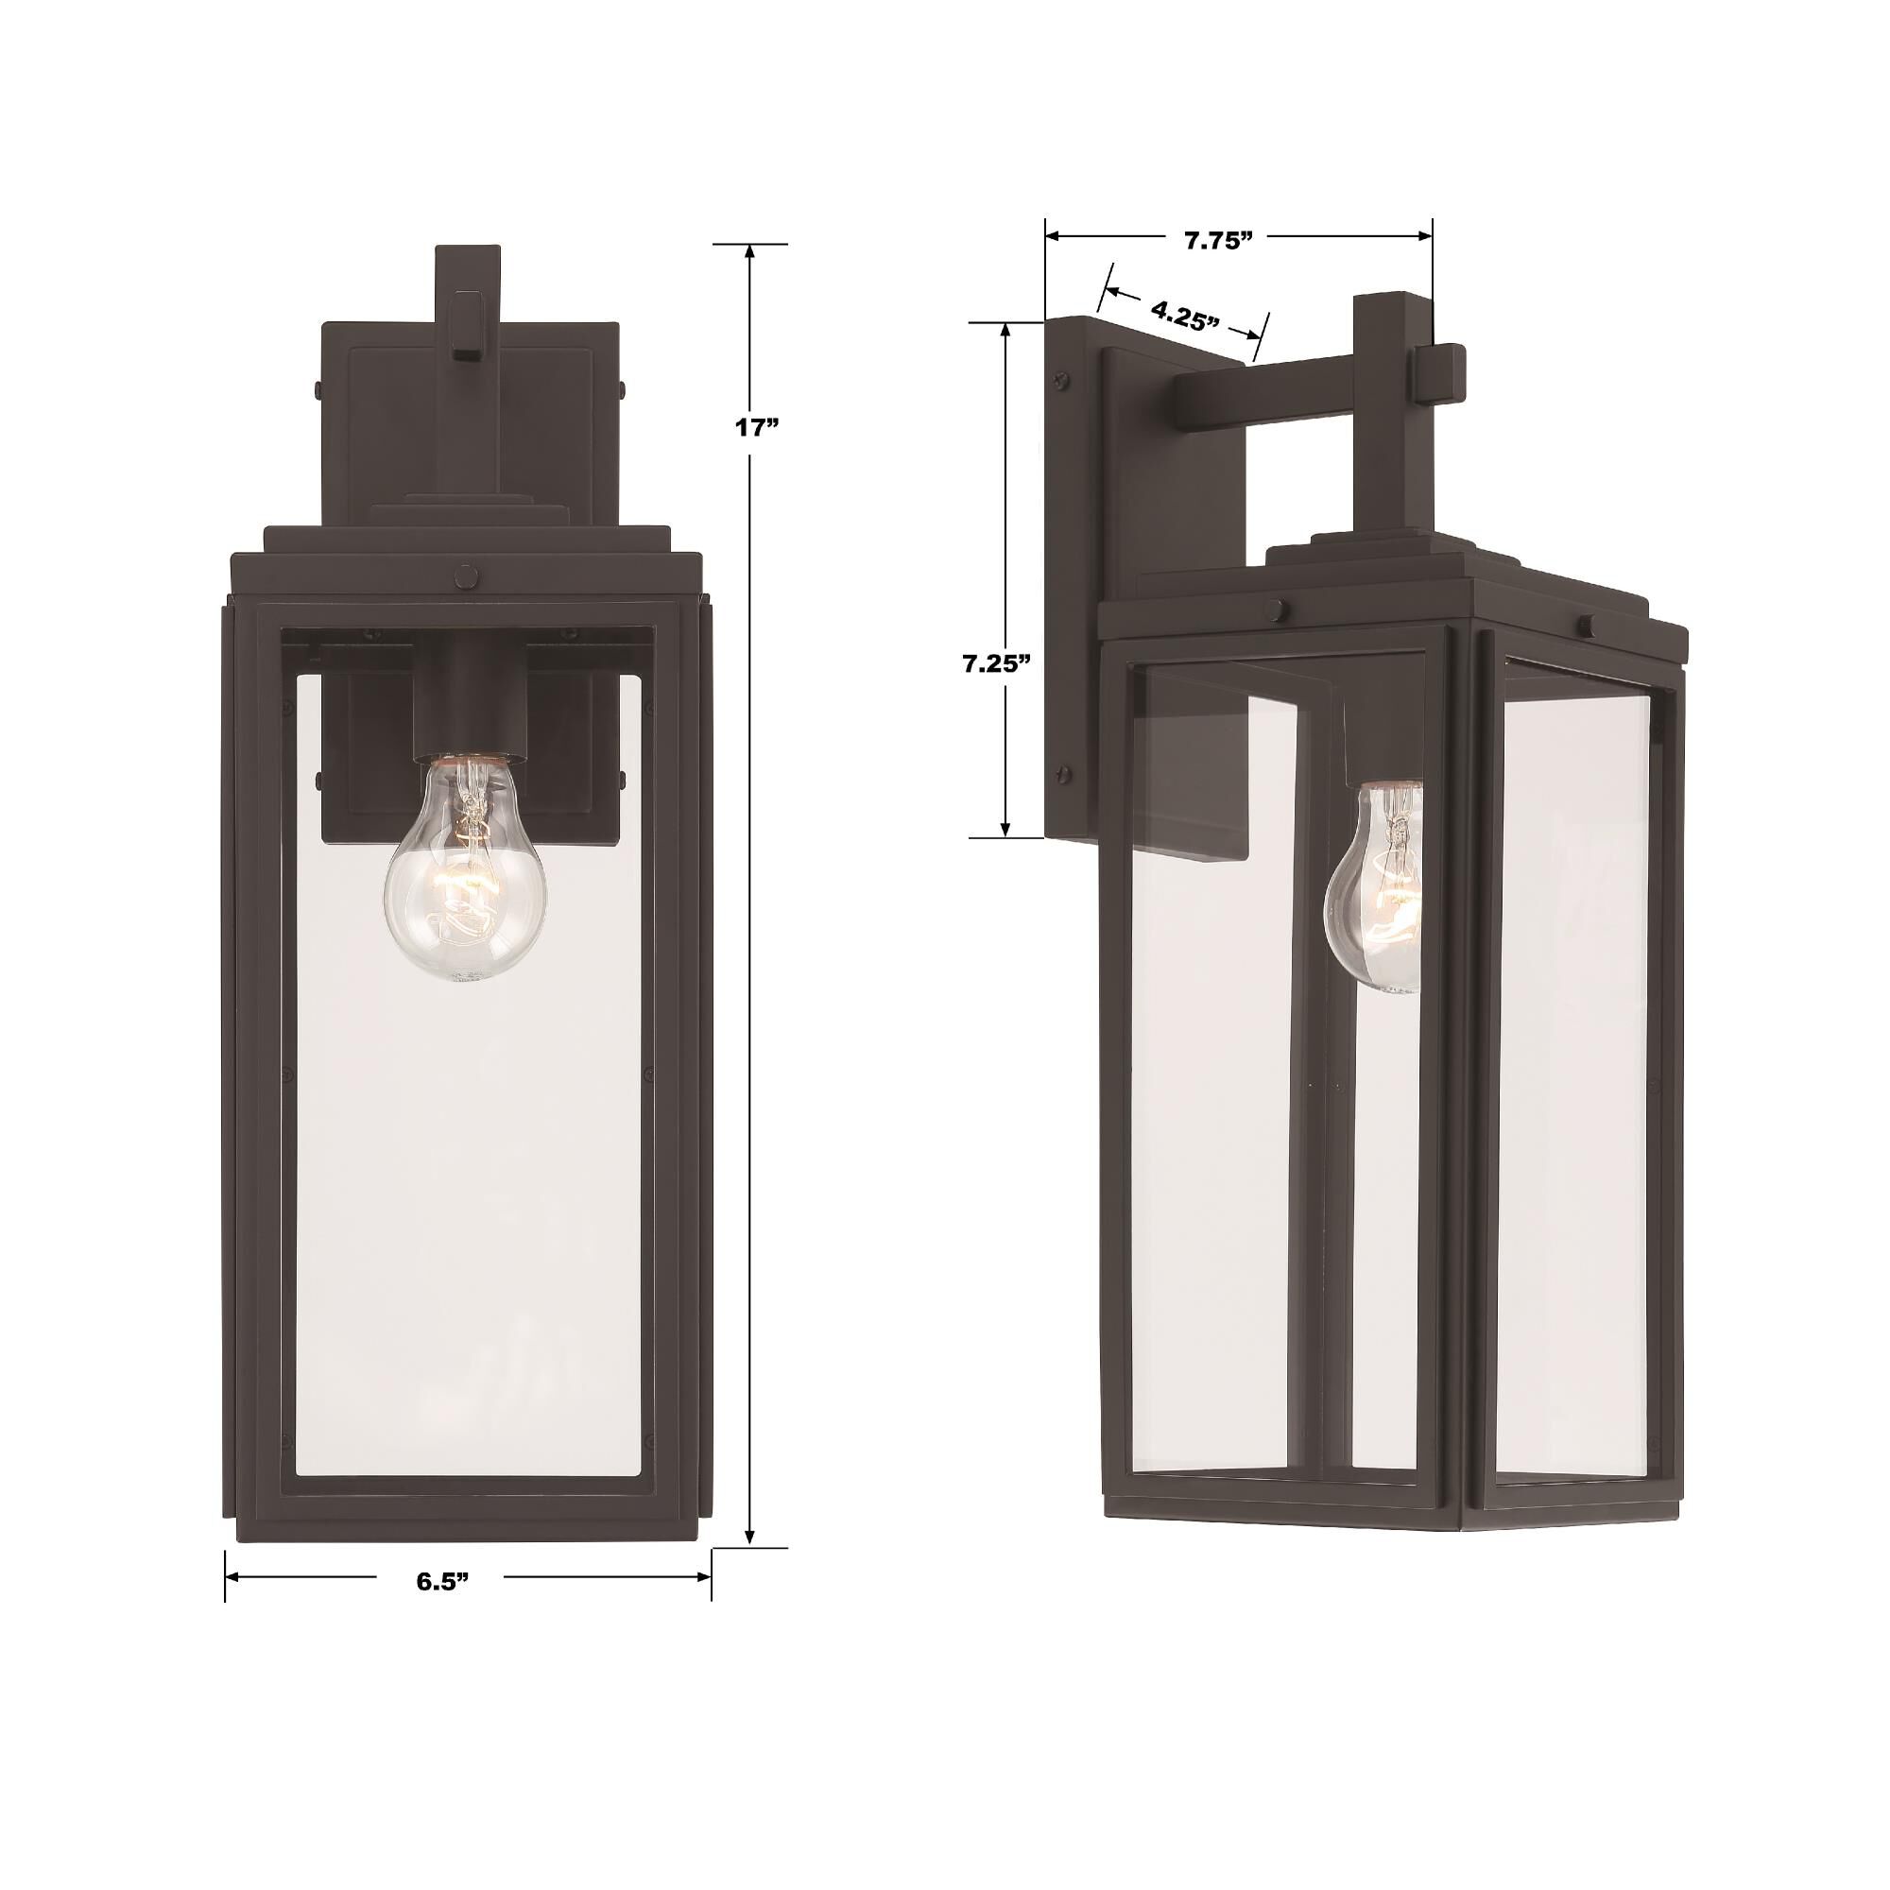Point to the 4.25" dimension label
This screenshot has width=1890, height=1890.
pos(1185,317)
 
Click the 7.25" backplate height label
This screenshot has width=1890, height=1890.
pos(997,665)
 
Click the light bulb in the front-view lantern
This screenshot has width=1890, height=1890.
pos(464,868)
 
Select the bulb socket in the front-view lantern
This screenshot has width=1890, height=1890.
pos(471,704)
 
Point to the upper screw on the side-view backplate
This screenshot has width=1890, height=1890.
pos(1060,379)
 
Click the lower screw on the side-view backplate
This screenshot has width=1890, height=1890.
pos(1062,776)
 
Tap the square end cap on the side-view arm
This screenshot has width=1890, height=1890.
pos(1436,374)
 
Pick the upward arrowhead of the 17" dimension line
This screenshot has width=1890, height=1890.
pos(750,252)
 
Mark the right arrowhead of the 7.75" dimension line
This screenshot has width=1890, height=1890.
pos(1424,235)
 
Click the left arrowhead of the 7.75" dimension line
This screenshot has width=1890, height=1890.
pos(1055,235)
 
